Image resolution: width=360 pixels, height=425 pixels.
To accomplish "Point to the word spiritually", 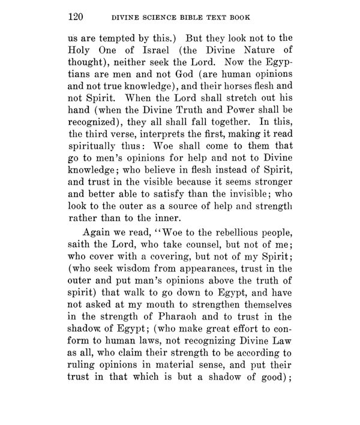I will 97,164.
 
